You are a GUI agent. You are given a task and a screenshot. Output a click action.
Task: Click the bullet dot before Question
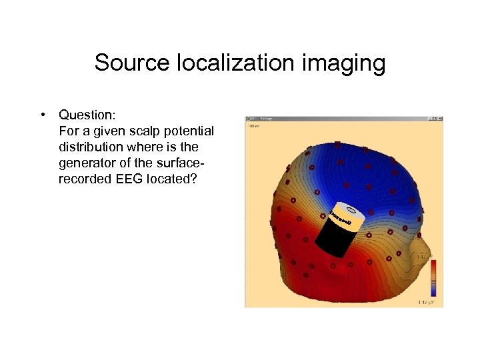pos(42,115)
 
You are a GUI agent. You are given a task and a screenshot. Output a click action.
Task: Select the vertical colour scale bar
pos(434,277)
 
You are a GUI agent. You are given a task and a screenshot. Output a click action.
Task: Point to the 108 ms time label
pos(253,125)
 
